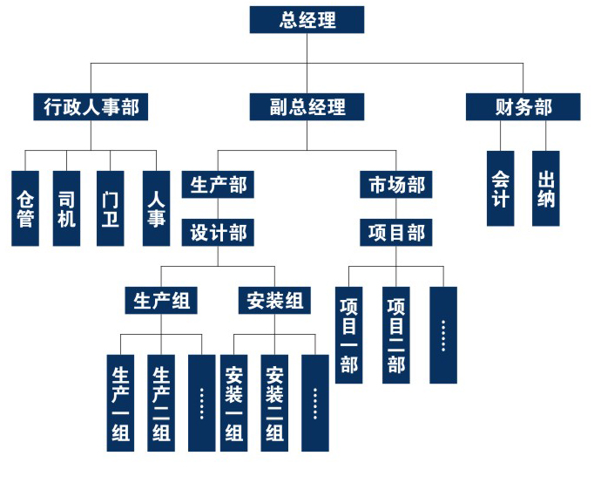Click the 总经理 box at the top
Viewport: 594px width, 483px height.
click(307, 19)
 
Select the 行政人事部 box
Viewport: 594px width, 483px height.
click(91, 107)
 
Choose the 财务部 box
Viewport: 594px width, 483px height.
click(523, 107)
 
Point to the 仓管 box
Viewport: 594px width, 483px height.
click(26, 207)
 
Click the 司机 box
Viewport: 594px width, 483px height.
click(67, 207)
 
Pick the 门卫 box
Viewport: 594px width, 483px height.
click(111, 207)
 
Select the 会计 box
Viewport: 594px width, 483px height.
click(500, 188)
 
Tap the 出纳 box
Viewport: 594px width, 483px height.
click(546, 188)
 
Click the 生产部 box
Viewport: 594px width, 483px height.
click(218, 185)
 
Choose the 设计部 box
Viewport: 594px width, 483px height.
click(218, 233)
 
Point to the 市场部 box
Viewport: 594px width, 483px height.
click(396, 185)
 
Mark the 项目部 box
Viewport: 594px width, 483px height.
click(396, 233)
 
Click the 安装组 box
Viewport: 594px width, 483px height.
click(274, 302)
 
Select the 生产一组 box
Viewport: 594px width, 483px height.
click(121, 403)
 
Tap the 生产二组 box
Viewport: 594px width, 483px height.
click(162, 403)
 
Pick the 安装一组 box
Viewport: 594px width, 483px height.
click(233, 403)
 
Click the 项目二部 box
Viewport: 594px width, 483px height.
click(396, 335)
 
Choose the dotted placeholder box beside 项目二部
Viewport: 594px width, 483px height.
click(442, 335)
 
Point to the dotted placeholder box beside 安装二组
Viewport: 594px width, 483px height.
click(315, 403)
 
